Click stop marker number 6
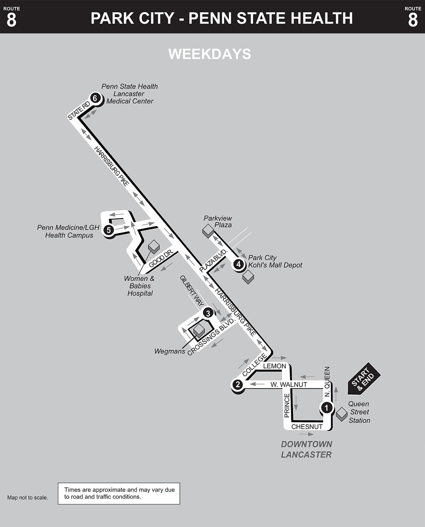(x=95, y=98)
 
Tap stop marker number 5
(x=109, y=230)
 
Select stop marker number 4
(x=239, y=264)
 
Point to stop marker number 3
(x=208, y=313)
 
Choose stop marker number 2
(x=237, y=384)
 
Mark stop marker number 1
(x=326, y=408)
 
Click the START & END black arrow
(x=363, y=379)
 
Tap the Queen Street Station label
(x=359, y=412)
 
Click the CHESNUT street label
(x=307, y=427)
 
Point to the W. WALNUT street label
(x=289, y=384)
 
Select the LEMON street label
(x=275, y=366)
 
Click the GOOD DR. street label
(x=161, y=259)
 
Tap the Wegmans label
(x=169, y=351)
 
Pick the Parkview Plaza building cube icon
(x=208, y=231)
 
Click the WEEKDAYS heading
(x=210, y=54)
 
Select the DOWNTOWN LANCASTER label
(x=306, y=449)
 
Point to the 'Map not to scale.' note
(x=28, y=498)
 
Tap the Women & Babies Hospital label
(x=140, y=286)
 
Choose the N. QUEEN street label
(x=327, y=382)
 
